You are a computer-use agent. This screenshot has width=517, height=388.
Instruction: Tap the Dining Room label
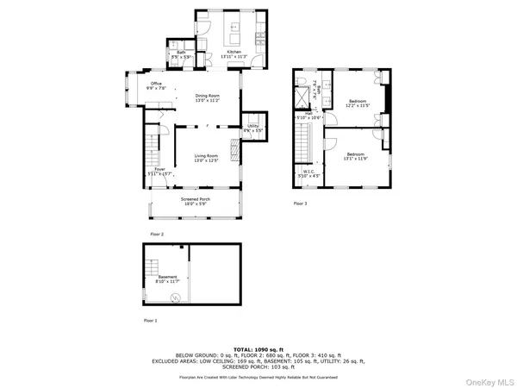[208, 97]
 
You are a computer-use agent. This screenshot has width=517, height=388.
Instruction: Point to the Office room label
[157, 84]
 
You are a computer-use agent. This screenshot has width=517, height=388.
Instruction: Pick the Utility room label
[252, 127]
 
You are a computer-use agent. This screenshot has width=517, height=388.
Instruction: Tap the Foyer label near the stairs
[159, 170]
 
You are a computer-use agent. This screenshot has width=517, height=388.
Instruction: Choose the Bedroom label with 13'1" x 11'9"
[355, 155]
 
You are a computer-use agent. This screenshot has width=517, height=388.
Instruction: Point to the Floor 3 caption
[300, 203]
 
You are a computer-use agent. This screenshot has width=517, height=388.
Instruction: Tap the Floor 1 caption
[150, 320]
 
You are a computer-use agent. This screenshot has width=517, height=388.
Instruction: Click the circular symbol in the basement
[175, 297]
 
